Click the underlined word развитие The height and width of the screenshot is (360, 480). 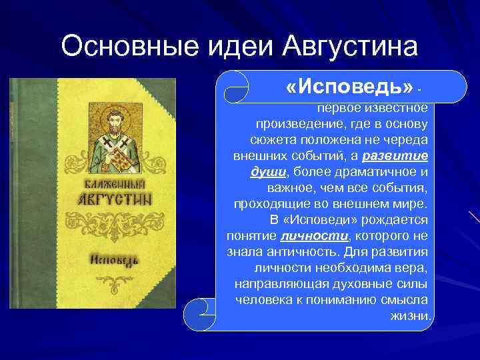point(398,156)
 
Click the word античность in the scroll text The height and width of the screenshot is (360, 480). point(291,251)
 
